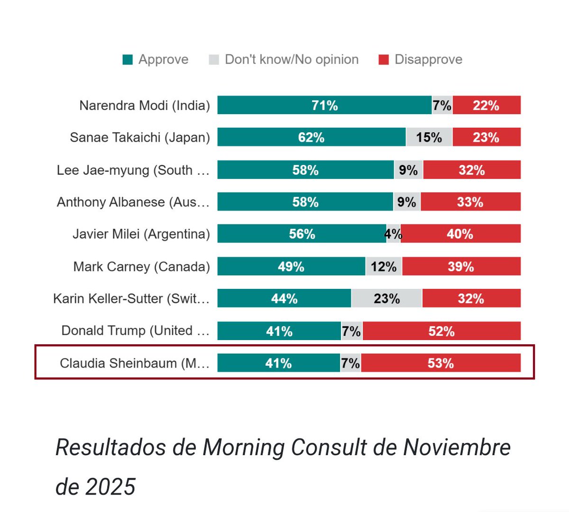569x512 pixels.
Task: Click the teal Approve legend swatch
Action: click(128, 60)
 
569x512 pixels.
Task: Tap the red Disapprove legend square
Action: click(384, 60)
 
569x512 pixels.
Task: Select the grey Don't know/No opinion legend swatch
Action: click(214, 60)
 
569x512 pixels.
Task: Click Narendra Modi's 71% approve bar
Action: click(324, 105)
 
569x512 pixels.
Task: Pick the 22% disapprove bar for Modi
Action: click(486, 105)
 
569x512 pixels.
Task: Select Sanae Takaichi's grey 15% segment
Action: click(429, 137)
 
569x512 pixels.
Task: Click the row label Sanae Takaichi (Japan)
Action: click(140, 137)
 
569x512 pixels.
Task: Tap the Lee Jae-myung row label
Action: click(133, 170)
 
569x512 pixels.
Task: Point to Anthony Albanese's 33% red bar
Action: click(470, 202)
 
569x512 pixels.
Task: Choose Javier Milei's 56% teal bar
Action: click(302, 234)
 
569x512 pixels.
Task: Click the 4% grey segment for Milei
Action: click(394, 234)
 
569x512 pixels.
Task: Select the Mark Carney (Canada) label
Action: click(141, 267)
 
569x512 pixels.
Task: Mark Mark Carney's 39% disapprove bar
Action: click(461, 267)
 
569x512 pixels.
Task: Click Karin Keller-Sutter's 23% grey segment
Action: click(386, 299)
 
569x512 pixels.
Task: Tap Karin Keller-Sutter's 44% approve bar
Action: click(284, 299)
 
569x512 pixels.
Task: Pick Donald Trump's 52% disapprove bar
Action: click(441, 331)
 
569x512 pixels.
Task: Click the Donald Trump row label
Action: click(136, 331)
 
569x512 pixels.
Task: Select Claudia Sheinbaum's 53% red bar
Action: click(441, 363)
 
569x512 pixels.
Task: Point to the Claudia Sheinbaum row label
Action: click(135, 363)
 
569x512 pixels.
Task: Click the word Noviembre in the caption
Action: click(457, 447)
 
